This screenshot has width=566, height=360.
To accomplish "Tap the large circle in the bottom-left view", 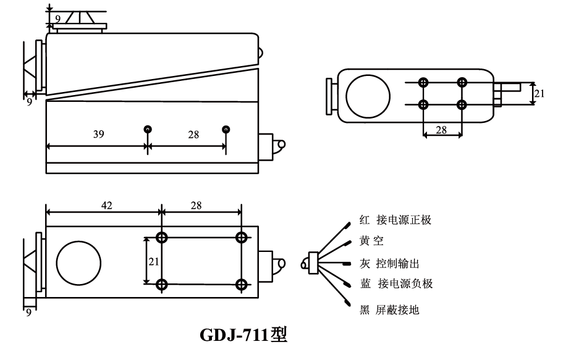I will [78, 261].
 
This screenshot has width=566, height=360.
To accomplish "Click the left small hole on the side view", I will [148, 129].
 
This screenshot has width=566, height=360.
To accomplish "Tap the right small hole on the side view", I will [226, 129].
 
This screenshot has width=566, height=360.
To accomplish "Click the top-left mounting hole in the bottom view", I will [162, 237].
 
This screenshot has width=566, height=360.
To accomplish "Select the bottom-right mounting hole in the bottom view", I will [242, 284].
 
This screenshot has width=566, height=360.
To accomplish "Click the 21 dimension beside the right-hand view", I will [539, 93].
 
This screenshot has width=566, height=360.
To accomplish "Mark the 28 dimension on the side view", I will [193, 135].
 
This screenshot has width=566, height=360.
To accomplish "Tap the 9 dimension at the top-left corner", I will [57, 19].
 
